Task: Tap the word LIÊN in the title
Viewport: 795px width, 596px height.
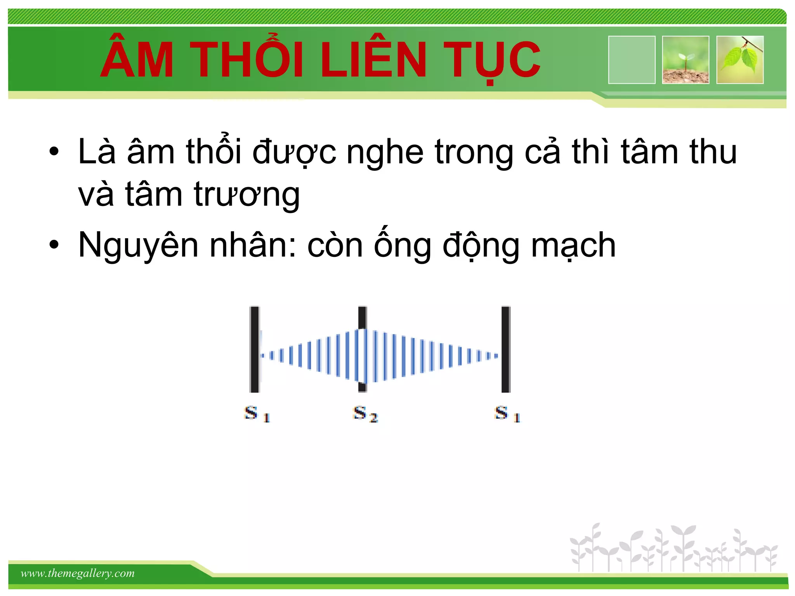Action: click(373, 60)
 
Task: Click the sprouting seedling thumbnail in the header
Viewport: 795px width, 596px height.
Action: click(686, 60)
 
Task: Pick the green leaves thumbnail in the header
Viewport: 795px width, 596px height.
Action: click(740, 60)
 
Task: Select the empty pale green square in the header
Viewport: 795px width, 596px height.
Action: click(632, 60)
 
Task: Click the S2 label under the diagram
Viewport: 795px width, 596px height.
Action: click(365, 414)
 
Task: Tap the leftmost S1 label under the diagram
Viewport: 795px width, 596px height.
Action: click(257, 414)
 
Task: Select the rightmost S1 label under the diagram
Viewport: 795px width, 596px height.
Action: click(507, 414)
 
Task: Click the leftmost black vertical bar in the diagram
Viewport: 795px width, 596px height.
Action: click(255, 349)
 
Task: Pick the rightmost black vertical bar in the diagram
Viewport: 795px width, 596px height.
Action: click(506, 349)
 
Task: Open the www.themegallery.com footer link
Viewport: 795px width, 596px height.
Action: click(78, 573)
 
